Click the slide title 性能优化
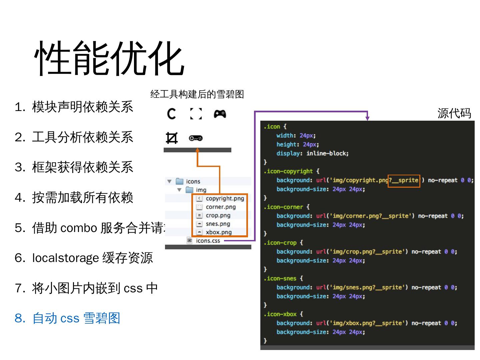pyautogui.click(x=109, y=59)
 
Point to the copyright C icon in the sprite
pyautogui.click(x=172, y=114)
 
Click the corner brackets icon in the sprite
pyautogui.click(x=196, y=114)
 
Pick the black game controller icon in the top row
pyautogui.click(x=220, y=114)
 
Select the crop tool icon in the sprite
pyautogui.click(x=172, y=138)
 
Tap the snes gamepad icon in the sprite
pyautogui.click(x=196, y=138)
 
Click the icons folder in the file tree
pyautogui.click(x=193, y=181)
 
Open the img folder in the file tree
pyautogui.click(x=201, y=190)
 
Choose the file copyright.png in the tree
pyautogui.click(x=225, y=198)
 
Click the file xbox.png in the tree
pyautogui.click(x=218, y=232)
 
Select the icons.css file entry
pyautogui.click(x=208, y=241)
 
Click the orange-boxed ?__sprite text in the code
pyautogui.click(x=404, y=180)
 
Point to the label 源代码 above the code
pyautogui.click(x=454, y=113)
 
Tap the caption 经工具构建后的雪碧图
pyautogui.click(x=197, y=94)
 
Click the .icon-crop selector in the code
pyautogui.click(x=280, y=243)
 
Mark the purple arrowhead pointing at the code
pyautogui.click(x=367, y=118)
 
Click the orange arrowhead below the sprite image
pyautogui.click(x=198, y=150)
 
